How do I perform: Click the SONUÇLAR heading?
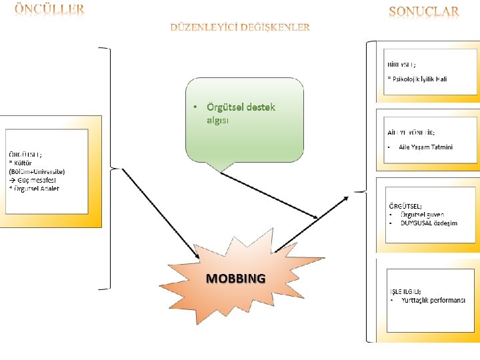point(423,11)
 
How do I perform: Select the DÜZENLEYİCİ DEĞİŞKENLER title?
point(240,27)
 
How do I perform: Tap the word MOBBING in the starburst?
point(235,278)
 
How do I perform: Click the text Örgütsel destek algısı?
point(231,113)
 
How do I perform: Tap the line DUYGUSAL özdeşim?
point(429,223)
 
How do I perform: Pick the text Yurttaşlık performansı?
point(433,301)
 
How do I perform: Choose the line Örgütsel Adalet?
point(36,189)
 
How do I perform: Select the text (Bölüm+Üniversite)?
point(37,171)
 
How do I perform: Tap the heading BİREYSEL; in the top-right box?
point(402,65)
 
